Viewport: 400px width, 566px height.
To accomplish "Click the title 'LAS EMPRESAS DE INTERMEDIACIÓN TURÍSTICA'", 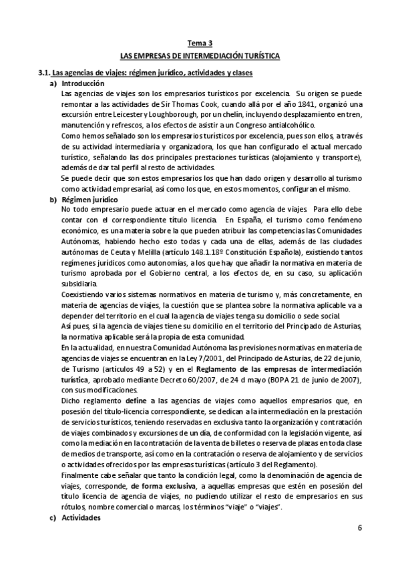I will click(200, 56).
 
